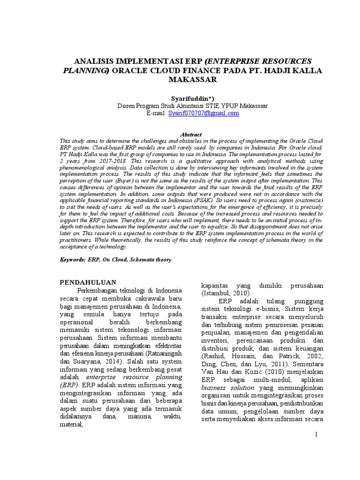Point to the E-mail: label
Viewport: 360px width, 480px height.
tap(156, 113)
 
